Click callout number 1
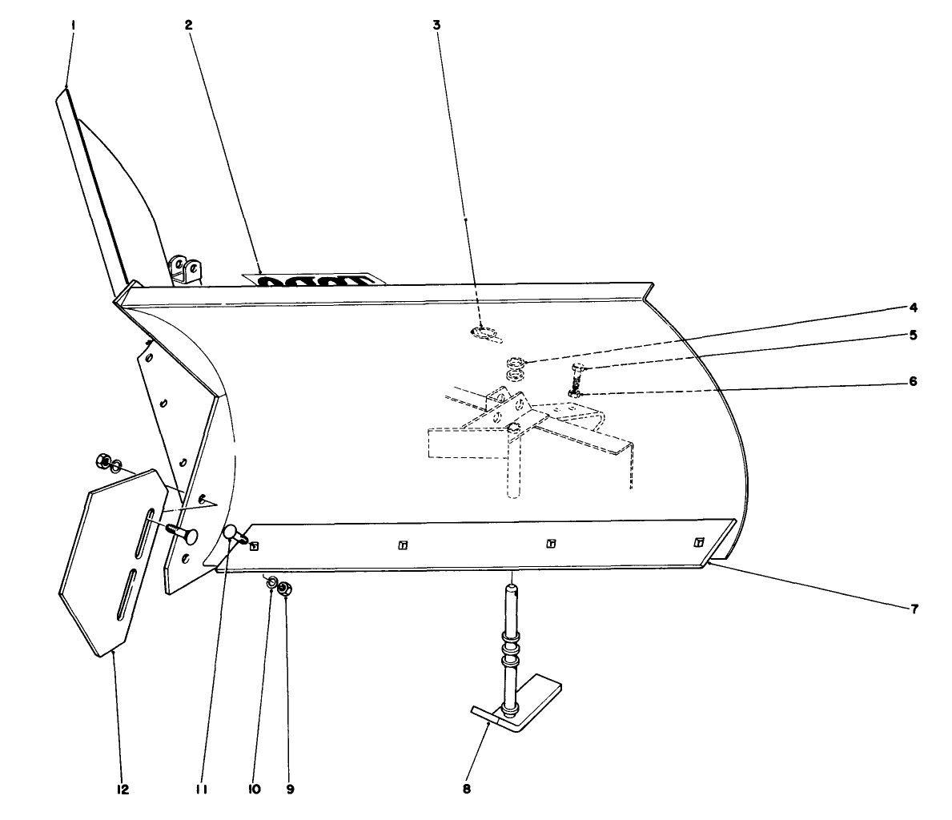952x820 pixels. point(73,25)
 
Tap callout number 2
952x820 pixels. point(188,25)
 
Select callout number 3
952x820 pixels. point(436,25)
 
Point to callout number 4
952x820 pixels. point(913,307)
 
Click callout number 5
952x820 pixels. point(913,335)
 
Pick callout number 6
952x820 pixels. point(913,381)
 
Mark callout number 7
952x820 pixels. point(913,609)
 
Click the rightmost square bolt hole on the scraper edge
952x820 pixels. point(699,541)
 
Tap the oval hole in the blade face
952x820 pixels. point(484,332)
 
